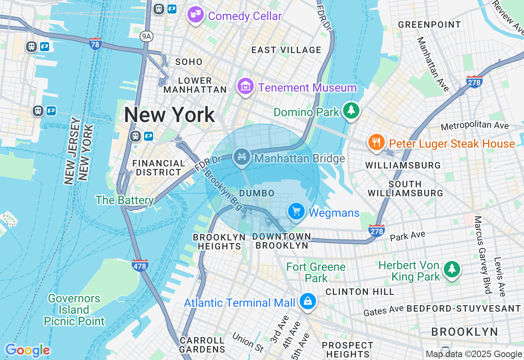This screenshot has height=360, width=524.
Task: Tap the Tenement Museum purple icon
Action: (245, 87)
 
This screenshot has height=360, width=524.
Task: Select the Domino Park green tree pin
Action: (351, 110)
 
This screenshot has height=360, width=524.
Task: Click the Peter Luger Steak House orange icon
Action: (376, 142)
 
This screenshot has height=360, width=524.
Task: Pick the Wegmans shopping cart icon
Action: (296, 211)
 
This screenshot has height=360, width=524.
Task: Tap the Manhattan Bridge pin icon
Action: (242, 157)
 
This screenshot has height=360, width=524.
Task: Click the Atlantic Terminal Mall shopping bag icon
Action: (307, 301)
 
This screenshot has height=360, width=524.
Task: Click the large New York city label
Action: (169, 115)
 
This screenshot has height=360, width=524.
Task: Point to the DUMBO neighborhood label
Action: (257, 193)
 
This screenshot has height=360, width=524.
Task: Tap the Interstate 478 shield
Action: (140, 265)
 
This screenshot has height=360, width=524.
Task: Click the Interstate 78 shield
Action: (95, 43)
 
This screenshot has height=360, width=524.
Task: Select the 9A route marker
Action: (146, 37)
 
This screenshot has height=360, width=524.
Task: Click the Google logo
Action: (27, 350)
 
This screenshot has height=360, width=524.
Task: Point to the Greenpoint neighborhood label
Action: (429, 25)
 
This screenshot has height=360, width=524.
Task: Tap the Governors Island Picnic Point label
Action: (74, 310)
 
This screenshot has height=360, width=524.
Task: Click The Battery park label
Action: (124, 200)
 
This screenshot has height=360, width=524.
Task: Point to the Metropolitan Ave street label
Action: (475, 126)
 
